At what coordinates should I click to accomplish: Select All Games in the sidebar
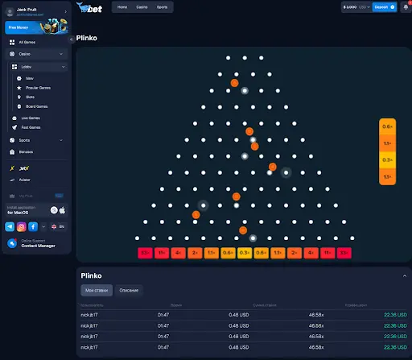coord(27,42)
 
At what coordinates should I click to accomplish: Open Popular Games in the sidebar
coord(38,87)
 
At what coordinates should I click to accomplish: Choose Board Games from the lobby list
coord(37,106)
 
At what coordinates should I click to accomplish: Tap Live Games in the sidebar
coord(31,118)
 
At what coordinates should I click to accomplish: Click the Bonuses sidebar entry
coord(27,151)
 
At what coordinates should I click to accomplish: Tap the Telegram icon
coord(10,227)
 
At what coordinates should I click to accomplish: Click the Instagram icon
coord(22,227)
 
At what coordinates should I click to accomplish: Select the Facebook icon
coord(33,227)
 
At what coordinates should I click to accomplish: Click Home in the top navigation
coord(122,6)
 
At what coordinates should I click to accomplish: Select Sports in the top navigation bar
coord(163,6)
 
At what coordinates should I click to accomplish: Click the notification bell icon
coord(405,7)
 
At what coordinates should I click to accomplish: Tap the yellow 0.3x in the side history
coord(387,159)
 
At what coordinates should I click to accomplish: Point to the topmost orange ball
coord(234,82)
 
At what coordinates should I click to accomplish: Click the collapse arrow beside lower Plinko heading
coord(404,275)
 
